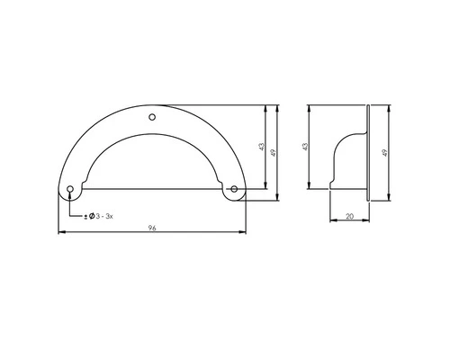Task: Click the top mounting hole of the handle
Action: [x=152, y=117]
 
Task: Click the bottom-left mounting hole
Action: [x=71, y=189]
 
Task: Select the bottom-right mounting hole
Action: [x=234, y=189]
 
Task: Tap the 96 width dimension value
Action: [x=152, y=229]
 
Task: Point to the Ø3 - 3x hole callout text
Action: [x=99, y=217]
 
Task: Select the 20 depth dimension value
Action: [x=350, y=215]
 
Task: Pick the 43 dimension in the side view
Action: [x=307, y=146]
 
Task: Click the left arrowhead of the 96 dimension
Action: [x=61, y=234]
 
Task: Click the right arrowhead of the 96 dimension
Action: [x=244, y=234]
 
